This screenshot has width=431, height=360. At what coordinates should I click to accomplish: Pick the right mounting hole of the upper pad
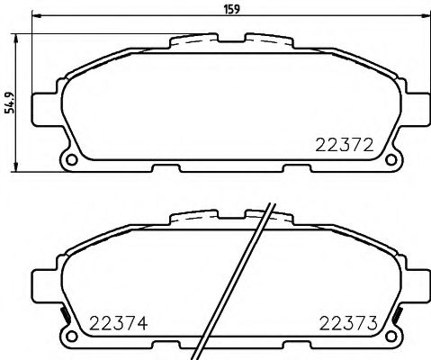coord(390,162)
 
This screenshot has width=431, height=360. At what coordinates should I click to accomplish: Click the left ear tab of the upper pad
coord(41,109)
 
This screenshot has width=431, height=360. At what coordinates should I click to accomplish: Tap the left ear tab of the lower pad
coord(41,287)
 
